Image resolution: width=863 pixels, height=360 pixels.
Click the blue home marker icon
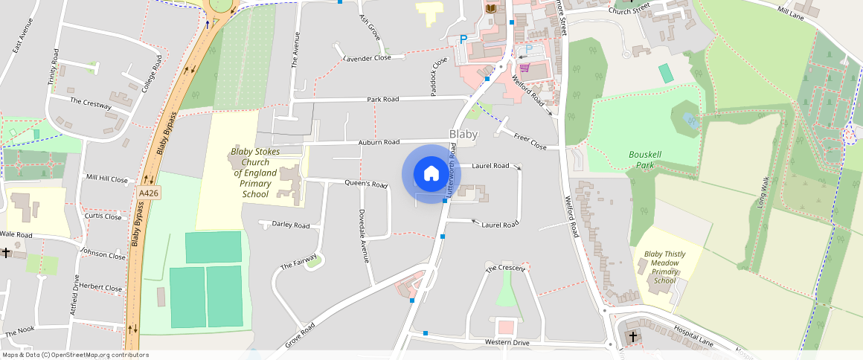coord(431,174)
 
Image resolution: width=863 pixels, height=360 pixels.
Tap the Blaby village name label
coord(463,135)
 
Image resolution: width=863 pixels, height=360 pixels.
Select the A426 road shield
coord(148,193)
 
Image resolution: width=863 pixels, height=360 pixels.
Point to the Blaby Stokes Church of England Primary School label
coord(255,173)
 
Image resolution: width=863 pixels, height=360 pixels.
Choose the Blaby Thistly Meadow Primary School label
coord(664,267)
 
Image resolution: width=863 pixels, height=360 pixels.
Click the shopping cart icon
coord(524,68)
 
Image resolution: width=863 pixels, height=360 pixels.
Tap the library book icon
coord(490,8)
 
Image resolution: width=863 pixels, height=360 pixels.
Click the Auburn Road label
coord(379,141)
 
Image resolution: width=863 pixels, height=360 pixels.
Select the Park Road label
coord(382,99)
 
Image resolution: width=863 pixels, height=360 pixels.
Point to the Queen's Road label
coord(365,184)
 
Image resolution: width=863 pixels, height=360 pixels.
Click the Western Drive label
coord(507,342)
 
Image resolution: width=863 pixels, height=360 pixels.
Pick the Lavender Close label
coord(367,58)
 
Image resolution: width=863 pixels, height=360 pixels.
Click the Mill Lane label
coord(792,11)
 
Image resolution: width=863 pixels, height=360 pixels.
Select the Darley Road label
coord(290,225)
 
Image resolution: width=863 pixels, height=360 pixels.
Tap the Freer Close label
coord(530,141)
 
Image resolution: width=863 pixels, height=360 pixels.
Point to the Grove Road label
coord(300,335)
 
